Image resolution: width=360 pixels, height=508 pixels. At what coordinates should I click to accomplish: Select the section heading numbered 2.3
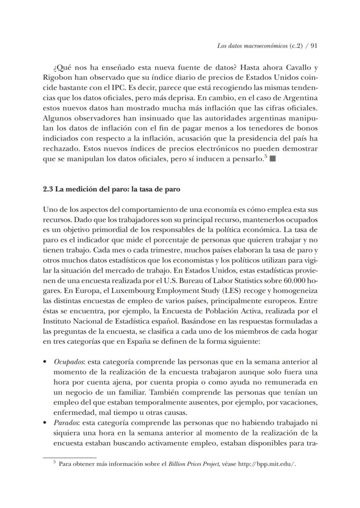coord(111,190)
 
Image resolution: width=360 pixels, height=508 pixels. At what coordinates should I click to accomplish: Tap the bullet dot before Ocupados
coord(45,362)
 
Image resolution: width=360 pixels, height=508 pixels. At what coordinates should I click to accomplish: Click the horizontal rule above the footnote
coord(69,458)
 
